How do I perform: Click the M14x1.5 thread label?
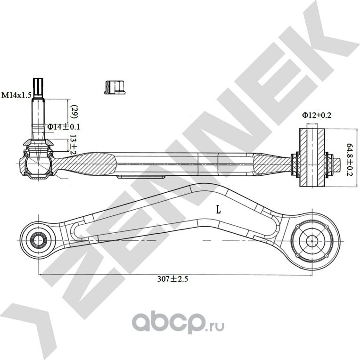point(16,95)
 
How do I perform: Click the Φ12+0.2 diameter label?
point(317,115)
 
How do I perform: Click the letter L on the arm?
point(218,210)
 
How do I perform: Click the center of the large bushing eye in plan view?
point(312,239)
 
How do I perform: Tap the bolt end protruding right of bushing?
point(340,163)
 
